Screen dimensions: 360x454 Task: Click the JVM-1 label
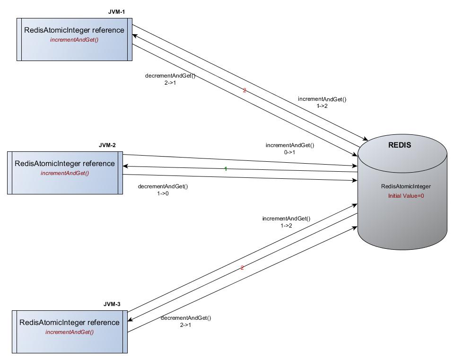pos(116,11)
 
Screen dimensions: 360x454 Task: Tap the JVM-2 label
pos(107,145)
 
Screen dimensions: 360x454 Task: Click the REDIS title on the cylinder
pos(400,145)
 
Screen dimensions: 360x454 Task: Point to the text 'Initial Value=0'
pos(406,196)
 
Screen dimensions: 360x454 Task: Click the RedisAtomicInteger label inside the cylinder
pos(406,186)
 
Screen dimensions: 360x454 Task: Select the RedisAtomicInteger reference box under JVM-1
pos(74,39)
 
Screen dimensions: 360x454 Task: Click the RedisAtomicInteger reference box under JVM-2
pos(65,173)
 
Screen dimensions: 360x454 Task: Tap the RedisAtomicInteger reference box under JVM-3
pos(70,332)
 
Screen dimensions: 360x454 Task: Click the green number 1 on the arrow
pos(226,169)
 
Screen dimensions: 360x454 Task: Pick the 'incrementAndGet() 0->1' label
pos(290,149)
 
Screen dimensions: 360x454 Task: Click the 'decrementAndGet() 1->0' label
pos(163,190)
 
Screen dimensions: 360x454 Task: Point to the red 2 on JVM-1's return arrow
pos(244,90)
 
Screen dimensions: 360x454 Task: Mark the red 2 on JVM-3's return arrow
pos(242,268)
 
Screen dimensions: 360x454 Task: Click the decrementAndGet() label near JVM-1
pos(170,79)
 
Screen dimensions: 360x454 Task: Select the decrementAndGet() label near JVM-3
pos(186,321)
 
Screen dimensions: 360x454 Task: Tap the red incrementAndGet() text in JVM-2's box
pos(65,173)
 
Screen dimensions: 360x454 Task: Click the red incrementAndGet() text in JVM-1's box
pos(74,40)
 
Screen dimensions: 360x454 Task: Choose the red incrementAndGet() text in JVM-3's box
pos(70,332)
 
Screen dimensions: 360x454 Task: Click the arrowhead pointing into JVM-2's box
pos(125,166)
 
